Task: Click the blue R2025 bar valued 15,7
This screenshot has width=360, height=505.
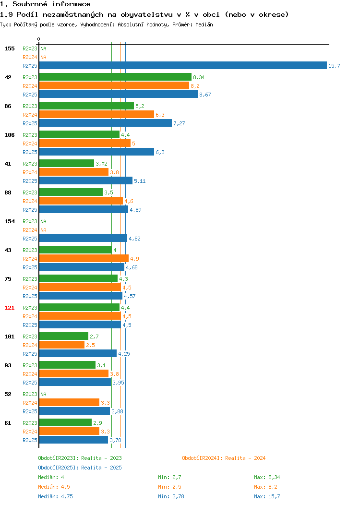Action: coord(183,65)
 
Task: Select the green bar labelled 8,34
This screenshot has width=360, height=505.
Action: coord(115,77)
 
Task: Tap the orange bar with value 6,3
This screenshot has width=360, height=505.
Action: coord(96,114)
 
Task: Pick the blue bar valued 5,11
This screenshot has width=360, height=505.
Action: coord(85,180)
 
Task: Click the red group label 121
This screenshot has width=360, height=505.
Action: coord(9,308)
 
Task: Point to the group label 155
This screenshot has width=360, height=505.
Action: coord(9,48)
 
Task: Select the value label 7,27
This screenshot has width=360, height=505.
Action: coord(179,123)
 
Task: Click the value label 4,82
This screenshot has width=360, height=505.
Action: coord(134,239)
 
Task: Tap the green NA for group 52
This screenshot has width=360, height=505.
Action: coord(44,394)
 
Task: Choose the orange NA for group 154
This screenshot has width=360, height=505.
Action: coord(44,230)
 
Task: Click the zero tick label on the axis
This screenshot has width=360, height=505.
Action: coord(39,39)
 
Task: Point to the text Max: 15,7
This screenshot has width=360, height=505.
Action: coord(267,496)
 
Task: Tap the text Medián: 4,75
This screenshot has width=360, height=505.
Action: coord(55,496)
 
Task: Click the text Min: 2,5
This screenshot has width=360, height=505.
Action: coord(170,487)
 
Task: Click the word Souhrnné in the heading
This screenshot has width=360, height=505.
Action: coord(30,4)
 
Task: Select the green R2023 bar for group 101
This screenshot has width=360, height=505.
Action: coord(64,336)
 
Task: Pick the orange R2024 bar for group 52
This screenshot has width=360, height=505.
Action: coord(69,403)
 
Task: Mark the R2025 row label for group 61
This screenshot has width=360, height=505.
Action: coord(30,440)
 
